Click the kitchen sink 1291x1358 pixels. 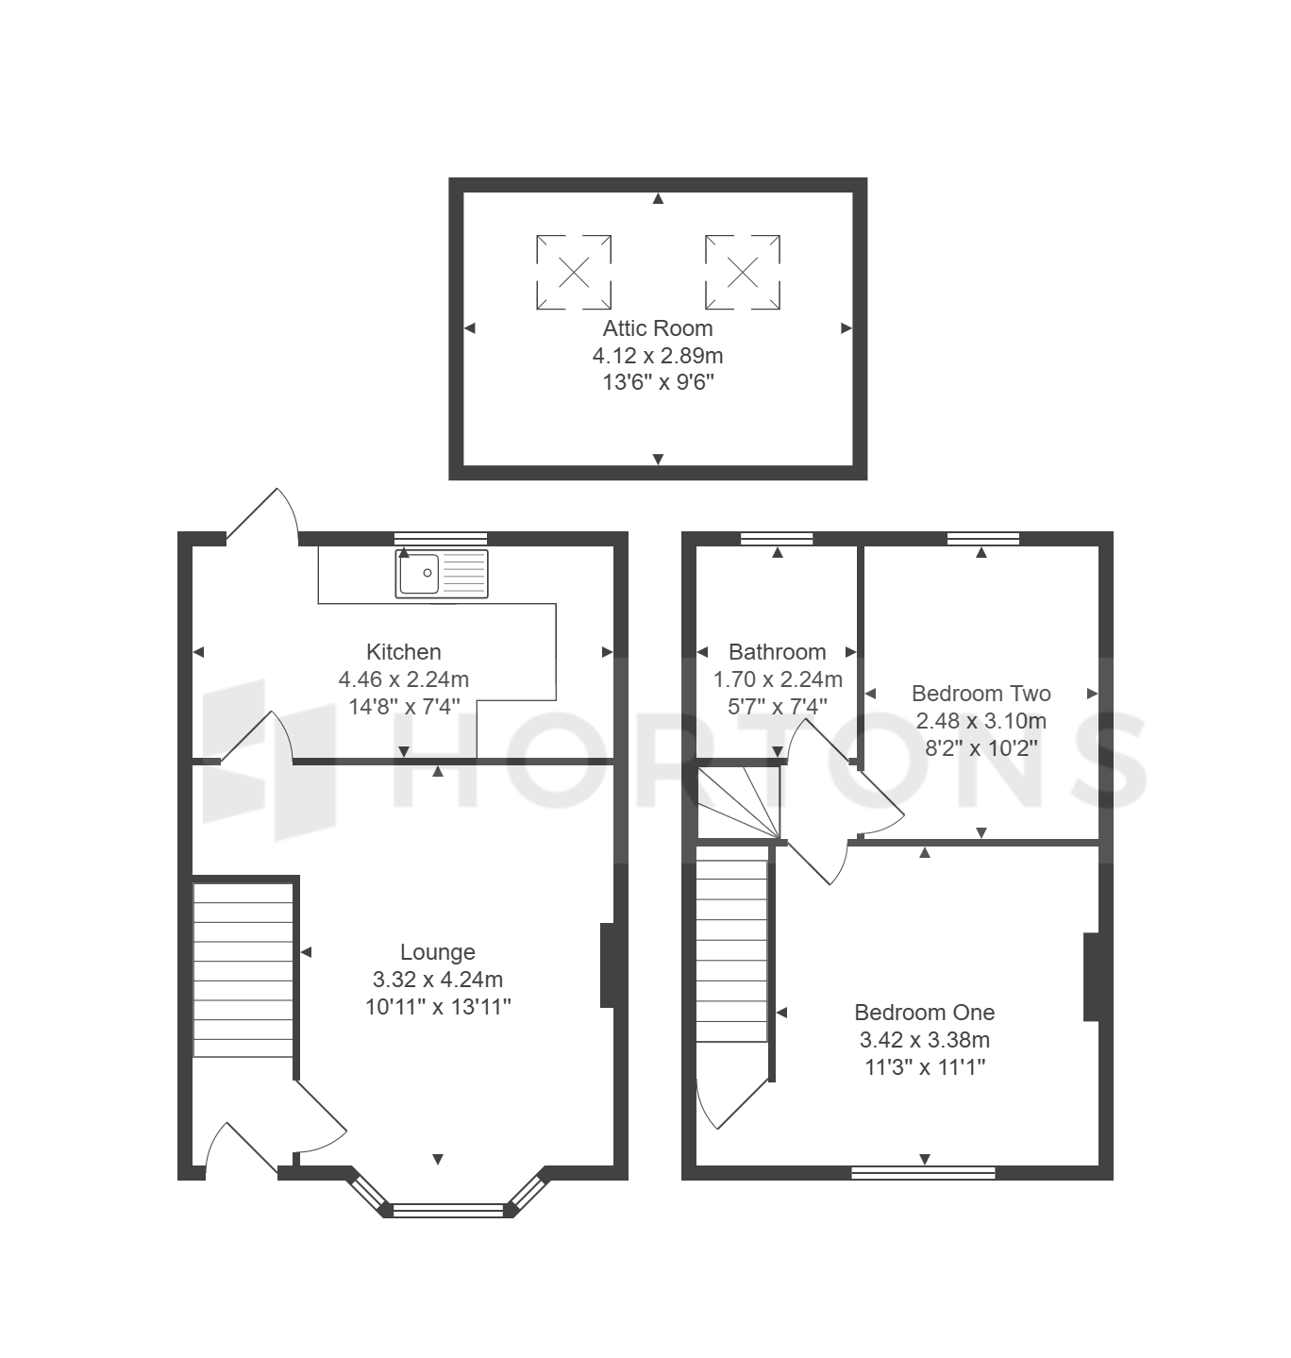pyautogui.click(x=442, y=574)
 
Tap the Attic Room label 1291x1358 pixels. pyautogui.click(x=658, y=328)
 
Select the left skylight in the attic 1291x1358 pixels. pyautogui.click(x=574, y=272)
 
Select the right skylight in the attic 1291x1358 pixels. pyautogui.click(x=743, y=272)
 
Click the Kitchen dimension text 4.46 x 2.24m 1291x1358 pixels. pyautogui.click(x=403, y=679)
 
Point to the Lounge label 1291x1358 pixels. pyautogui.click(x=437, y=952)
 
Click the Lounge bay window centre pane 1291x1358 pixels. pyautogui.click(x=448, y=1210)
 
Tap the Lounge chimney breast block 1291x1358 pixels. pyautogui.click(x=607, y=965)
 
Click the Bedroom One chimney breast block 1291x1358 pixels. pyautogui.click(x=1091, y=977)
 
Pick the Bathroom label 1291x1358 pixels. pyautogui.click(x=777, y=652)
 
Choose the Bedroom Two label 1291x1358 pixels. pyautogui.click(x=981, y=694)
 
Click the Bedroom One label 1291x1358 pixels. pyautogui.click(x=924, y=1013)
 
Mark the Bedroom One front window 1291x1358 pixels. pyautogui.click(x=924, y=1172)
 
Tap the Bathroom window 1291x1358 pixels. pyautogui.click(x=777, y=539)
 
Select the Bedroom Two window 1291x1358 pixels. pyautogui.click(x=983, y=539)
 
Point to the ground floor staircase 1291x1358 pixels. pyautogui.click(x=243, y=970)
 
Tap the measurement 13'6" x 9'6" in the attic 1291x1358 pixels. pyautogui.click(x=658, y=382)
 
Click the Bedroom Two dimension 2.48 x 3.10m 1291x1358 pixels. pyautogui.click(x=981, y=721)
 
